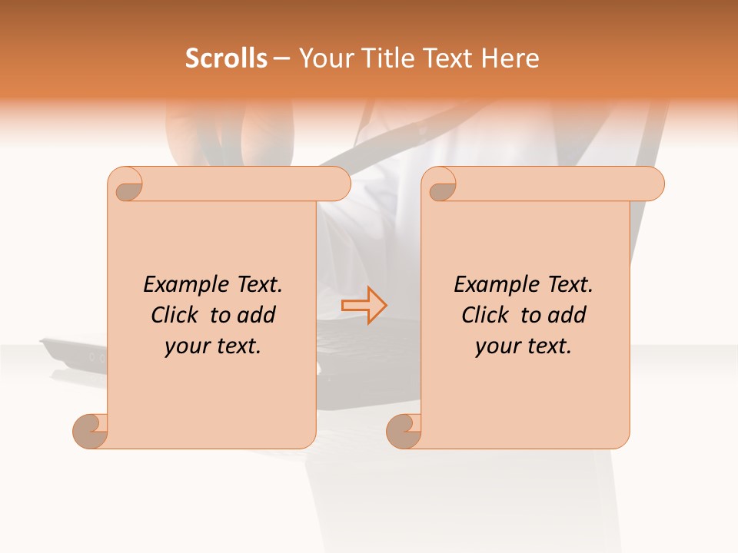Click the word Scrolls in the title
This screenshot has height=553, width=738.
click(226, 58)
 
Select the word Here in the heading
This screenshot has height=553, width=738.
click(510, 58)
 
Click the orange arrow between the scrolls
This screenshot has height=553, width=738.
click(364, 305)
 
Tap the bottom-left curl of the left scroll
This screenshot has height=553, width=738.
click(91, 431)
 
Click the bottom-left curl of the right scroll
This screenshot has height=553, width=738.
click(404, 431)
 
